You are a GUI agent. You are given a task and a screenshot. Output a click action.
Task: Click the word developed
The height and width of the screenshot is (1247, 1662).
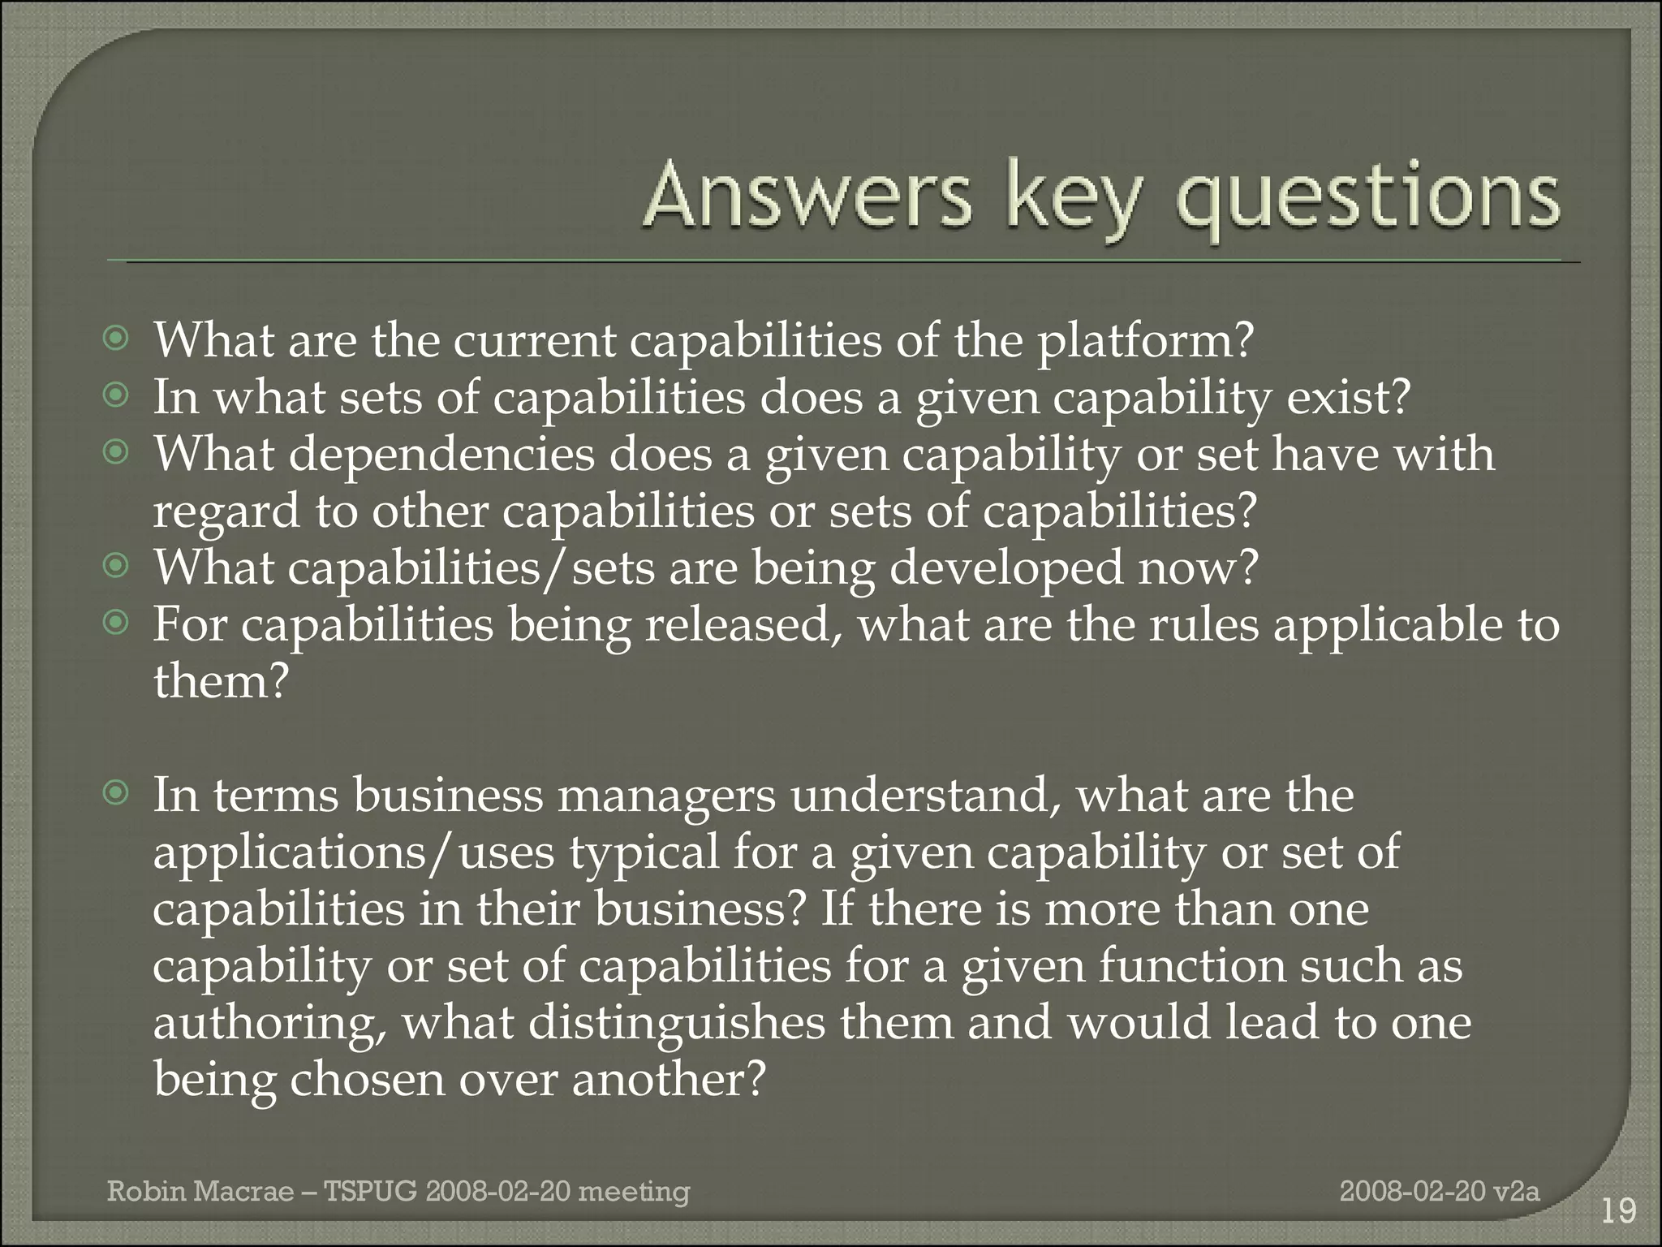1006,568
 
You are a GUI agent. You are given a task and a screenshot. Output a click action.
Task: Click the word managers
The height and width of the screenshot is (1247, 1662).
665,796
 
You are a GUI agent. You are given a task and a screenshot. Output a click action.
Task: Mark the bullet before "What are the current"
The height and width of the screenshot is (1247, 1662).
118,338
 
